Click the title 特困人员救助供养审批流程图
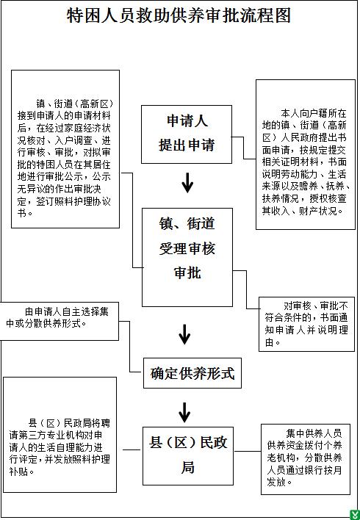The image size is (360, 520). click(x=179, y=15)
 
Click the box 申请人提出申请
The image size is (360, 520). click(x=187, y=134)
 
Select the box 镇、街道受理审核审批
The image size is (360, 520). click(x=187, y=257)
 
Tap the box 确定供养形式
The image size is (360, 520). click(x=192, y=373)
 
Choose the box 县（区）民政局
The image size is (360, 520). click(x=188, y=456)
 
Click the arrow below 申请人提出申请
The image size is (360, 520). click(x=187, y=183)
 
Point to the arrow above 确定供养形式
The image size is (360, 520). click(x=184, y=334)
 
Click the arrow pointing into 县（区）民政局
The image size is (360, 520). click(x=184, y=413)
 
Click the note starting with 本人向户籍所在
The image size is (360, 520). click(x=305, y=154)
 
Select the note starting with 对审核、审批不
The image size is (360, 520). click(x=306, y=324)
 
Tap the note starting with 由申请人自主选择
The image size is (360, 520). click(x=59, y=321)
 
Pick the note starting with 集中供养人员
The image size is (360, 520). click(x=306, y=459)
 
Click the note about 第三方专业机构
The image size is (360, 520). click(x=60, y=435)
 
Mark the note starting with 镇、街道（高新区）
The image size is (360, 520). click(x=65, y=149)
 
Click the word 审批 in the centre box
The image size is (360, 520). click(x=187, y=273)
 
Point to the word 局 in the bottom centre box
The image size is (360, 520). click(x=187, y=467)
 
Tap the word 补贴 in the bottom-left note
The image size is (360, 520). click(x=18, y=472)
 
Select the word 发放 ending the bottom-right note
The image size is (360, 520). click(x=276, y=482)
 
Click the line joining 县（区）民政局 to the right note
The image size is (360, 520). click(x=247, y=451)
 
